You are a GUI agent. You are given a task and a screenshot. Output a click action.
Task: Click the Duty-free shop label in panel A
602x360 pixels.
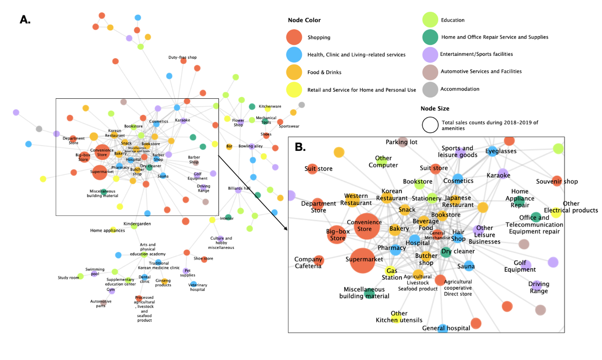pos(182,57)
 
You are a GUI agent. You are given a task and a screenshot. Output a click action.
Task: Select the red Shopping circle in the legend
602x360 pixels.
pos(294,37)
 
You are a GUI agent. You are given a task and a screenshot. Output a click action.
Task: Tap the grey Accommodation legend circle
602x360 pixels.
pos(430,89)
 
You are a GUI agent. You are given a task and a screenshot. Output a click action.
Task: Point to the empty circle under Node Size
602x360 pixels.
pos(430,125)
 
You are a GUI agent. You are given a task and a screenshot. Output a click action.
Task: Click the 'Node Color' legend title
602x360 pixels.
pos(304,20)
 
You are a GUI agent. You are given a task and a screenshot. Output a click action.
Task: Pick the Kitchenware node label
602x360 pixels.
pos(270,106)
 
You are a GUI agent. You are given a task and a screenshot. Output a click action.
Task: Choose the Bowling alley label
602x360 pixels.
pos(250,146)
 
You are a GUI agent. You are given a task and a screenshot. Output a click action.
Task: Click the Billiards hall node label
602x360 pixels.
pos(239,188)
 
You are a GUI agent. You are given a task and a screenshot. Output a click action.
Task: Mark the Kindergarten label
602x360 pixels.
pos(137,224)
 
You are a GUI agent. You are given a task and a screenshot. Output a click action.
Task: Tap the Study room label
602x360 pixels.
pos(69,277)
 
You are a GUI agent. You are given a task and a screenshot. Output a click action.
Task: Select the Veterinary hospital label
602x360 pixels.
pos(197,287)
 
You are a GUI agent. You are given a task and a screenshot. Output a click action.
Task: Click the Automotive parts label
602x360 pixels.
pos(101,303)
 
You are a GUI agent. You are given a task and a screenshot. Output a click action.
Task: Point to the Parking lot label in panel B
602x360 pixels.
pos(401,142)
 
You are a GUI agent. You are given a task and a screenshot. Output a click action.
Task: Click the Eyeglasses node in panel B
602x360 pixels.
pos(492,151)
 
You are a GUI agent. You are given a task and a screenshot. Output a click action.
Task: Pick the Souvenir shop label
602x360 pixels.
pos(557,181)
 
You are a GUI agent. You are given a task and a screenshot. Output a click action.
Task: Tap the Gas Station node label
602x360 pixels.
pos(392,274)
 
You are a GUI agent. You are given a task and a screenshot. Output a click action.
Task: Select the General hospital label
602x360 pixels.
pos(446,328)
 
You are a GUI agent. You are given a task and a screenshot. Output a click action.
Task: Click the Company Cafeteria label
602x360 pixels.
pos(308,262)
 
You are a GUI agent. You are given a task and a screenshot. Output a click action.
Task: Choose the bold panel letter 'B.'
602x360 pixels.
pos(300,147)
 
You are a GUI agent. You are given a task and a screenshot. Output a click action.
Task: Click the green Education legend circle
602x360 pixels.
pos(430,20)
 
